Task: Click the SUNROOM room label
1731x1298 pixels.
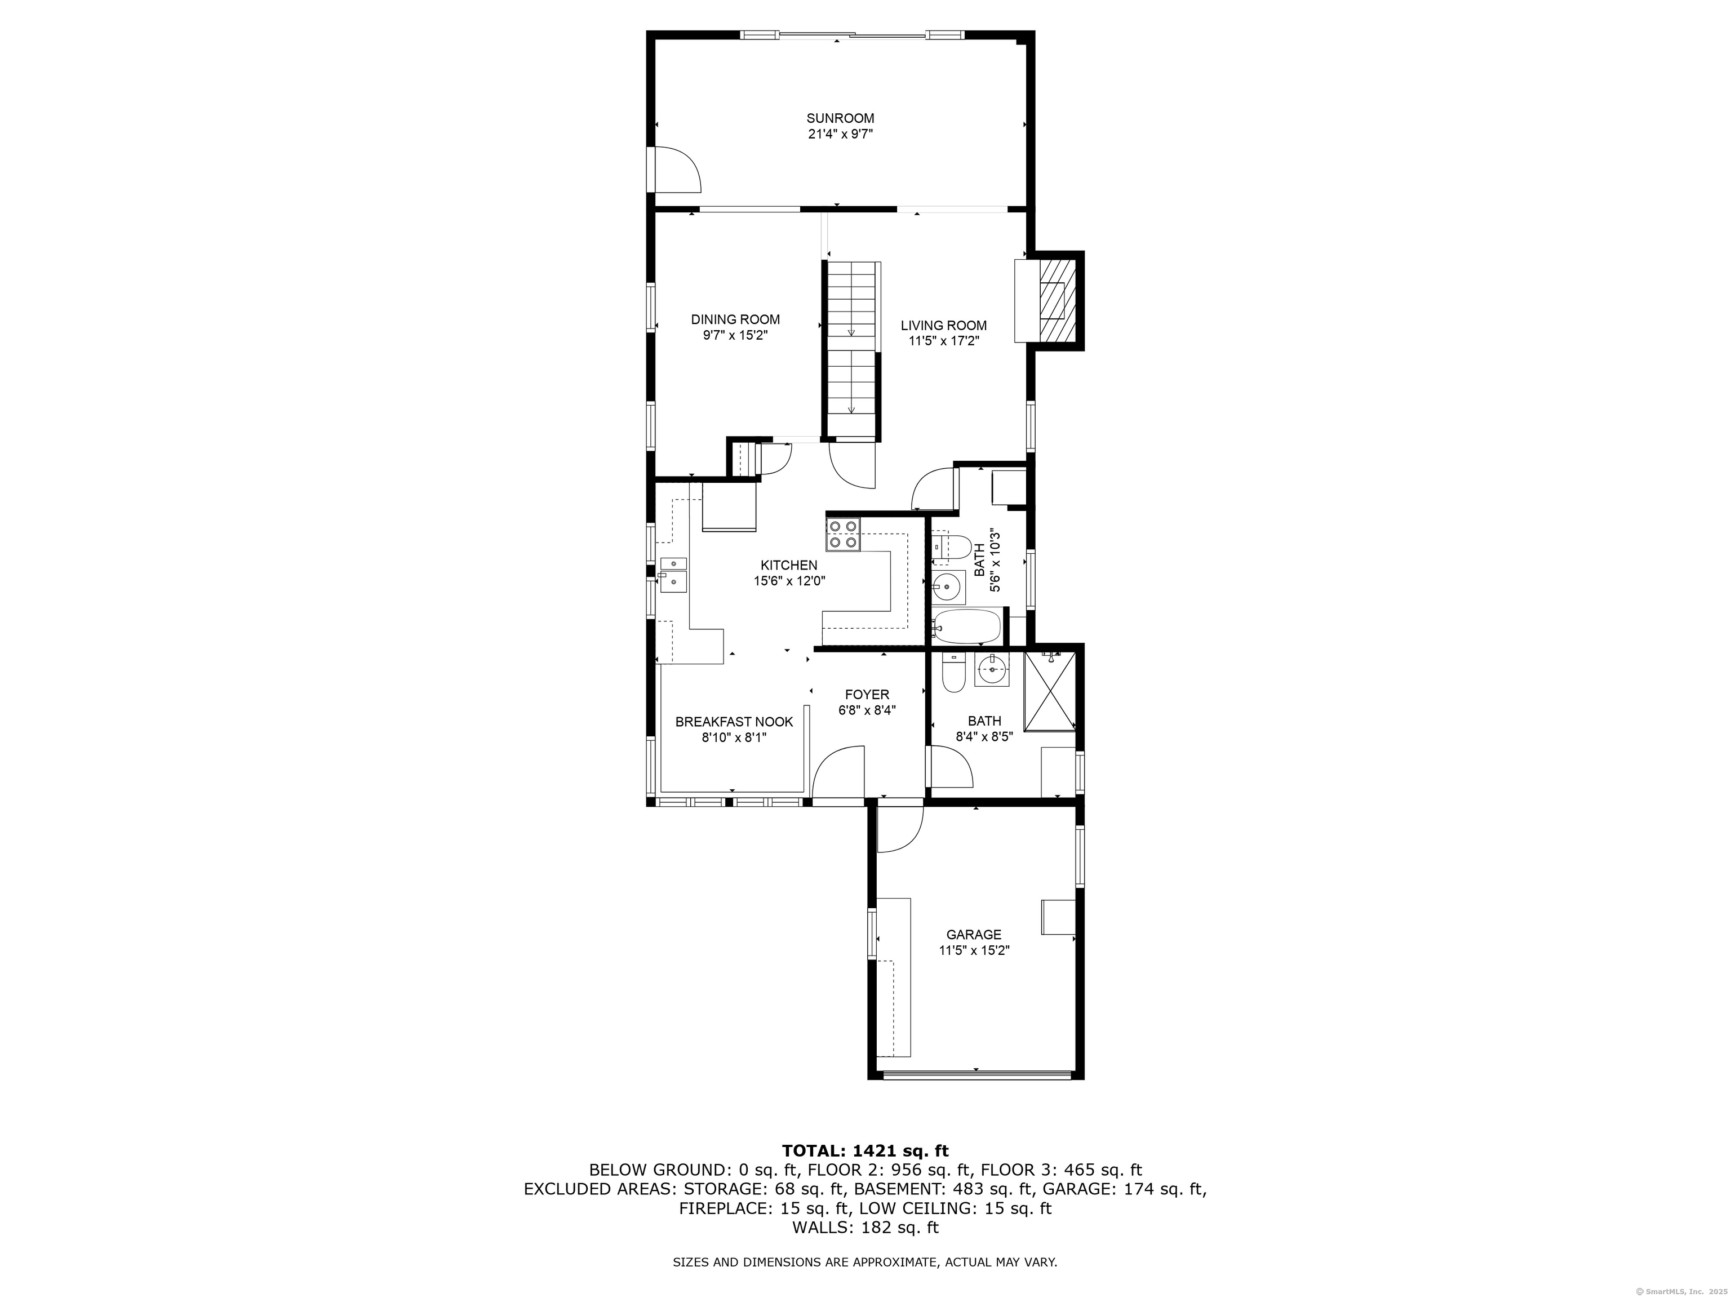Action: [841, 118]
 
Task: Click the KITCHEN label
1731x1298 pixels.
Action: [789, 565]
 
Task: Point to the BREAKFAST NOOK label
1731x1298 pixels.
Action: [734, 721]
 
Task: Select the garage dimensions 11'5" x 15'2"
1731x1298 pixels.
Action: [974, 950]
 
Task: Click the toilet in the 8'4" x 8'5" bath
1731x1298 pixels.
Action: [953, 674]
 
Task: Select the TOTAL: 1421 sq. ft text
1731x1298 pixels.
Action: [865, 1151]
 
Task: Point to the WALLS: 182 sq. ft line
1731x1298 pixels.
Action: [865, 1228]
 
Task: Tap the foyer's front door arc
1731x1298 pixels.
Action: [839, 773]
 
